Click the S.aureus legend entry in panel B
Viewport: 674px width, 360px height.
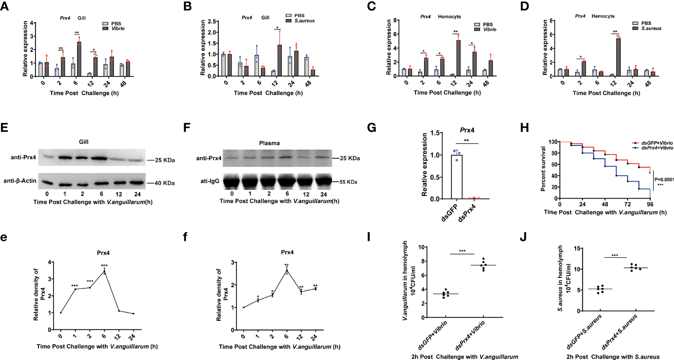pos(305,21)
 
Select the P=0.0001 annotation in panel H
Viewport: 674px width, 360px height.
pos(664,180)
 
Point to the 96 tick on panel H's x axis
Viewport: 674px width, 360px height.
pos(650,205)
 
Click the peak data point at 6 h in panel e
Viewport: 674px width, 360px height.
pos(104,272)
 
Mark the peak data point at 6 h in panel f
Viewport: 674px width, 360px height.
pos(287,271)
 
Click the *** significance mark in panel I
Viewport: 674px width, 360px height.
pos(462,251)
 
